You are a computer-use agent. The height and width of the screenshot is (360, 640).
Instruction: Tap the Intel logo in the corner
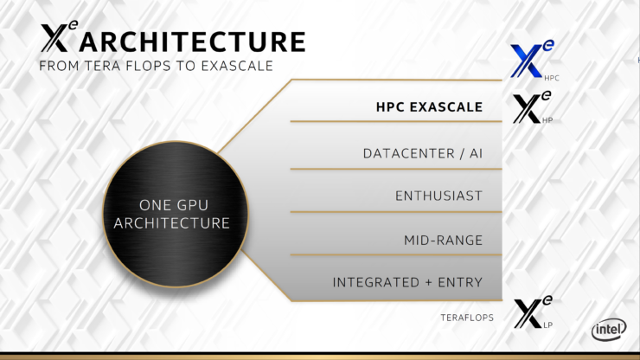608,330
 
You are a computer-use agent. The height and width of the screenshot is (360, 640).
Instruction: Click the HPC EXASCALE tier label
428,108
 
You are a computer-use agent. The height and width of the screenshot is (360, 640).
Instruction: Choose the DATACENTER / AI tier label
422,153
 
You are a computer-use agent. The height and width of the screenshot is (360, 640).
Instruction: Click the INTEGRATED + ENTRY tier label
406,283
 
